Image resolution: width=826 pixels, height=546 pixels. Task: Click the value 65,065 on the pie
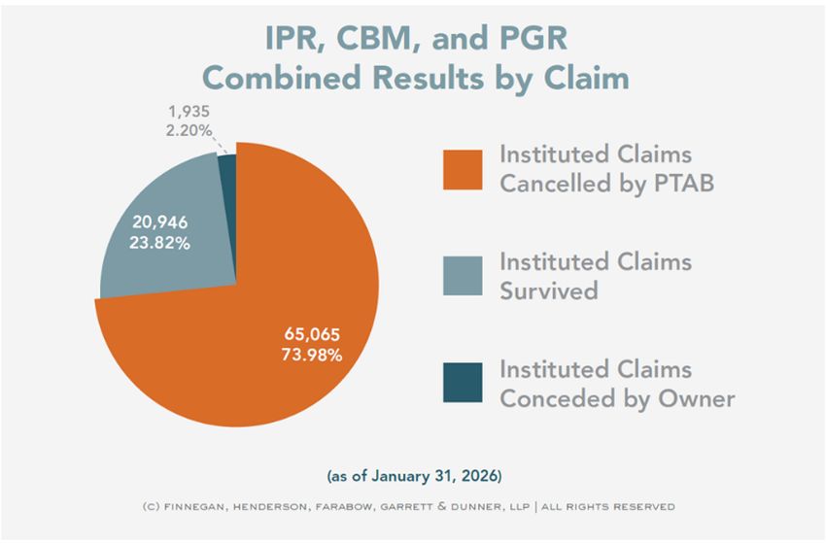click(x=312, y=335)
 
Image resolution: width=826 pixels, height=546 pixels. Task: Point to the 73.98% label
click(x=312, y=356)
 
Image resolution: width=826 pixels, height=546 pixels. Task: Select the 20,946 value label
click(x=160, y=223)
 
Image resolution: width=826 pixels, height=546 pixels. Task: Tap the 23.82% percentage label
click(x=160, y=243)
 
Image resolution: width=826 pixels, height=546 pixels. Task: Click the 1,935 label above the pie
click(x=189, y=111)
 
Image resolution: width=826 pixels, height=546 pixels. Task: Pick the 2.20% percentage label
click(x=189, y=129)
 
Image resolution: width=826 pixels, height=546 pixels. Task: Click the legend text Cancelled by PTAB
click(x=607, y=183)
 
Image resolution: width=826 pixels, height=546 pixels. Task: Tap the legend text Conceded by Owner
click(x=617, y=397)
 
